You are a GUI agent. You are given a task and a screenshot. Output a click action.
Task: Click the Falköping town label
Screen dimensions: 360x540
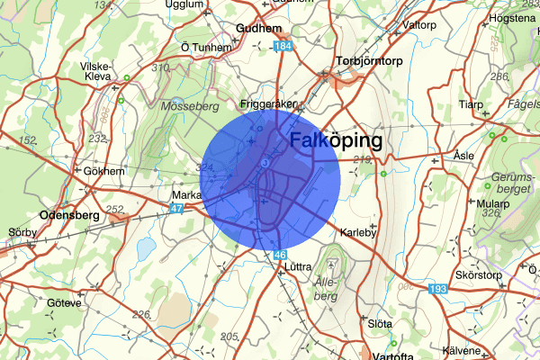[335, 141]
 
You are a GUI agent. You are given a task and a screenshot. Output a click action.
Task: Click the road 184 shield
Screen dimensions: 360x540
[284, 46]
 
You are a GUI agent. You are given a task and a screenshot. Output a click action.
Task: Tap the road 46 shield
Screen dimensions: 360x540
[282, 255]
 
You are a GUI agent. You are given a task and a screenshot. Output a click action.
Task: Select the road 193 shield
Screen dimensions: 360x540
[437, 289]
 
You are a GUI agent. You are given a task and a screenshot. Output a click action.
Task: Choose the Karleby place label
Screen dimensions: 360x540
[360, 233]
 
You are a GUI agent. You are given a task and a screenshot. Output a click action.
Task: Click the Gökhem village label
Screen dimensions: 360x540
[102, 170]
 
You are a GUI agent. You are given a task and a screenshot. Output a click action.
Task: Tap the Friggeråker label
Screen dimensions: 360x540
[268, 103]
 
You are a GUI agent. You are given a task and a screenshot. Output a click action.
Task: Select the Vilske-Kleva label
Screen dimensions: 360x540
[94, 72]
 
